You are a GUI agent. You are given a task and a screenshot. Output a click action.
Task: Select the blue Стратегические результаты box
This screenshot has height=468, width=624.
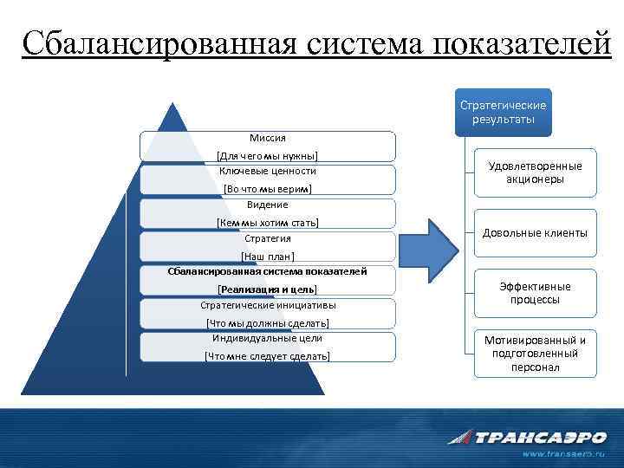[x=503, y=112]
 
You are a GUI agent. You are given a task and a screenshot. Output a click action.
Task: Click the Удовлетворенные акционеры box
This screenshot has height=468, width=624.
[x=535, y=172]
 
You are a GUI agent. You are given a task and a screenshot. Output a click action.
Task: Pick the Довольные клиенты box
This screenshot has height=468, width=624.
[x=535, y=233]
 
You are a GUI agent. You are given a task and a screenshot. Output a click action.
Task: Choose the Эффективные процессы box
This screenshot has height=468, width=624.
[x=535, y=293]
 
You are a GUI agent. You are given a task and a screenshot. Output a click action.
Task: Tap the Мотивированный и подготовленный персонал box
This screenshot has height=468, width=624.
[x=535, y=354]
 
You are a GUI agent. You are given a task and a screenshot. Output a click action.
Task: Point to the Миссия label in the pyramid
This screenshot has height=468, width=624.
[x=268, y=138]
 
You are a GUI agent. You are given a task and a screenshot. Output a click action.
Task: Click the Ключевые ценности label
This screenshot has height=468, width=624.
[x=268, y=171]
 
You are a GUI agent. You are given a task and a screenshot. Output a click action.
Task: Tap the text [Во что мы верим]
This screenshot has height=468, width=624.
[x=268, y=188]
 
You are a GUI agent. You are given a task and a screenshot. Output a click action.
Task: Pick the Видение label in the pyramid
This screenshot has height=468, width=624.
[x=268, y=205]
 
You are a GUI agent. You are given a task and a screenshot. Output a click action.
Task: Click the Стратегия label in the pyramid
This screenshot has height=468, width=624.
[x=268, y=238]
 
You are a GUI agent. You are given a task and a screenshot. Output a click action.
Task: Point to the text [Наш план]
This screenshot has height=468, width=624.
[x=268, y=256]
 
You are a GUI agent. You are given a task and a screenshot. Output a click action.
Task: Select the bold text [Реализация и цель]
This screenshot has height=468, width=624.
[x=268, y=289]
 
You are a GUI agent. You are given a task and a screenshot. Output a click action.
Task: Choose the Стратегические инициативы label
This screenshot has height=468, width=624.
[x=268, y=305]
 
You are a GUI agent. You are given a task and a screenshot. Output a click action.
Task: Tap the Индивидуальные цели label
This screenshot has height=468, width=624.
[x=268, y=338]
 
